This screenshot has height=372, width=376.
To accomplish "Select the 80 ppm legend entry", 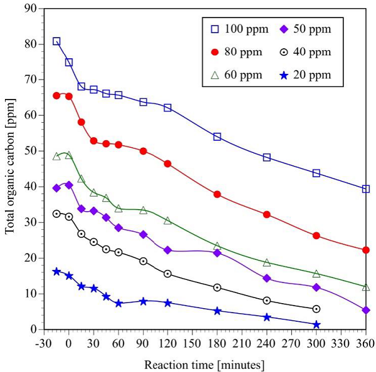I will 231,52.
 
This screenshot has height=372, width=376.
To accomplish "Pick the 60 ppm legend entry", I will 231,76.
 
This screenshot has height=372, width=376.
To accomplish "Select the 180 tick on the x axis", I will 217,343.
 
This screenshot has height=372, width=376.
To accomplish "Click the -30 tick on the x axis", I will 44,343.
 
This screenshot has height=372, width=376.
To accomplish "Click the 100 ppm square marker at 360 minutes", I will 366,189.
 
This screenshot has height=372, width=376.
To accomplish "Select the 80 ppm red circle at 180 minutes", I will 217,194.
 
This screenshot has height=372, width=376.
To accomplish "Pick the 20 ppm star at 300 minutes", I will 316,324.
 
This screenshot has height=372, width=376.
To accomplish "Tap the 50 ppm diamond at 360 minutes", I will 366,310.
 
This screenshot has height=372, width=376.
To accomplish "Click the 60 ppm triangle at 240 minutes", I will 267,262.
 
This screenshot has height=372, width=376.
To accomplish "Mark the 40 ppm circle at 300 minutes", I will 316,309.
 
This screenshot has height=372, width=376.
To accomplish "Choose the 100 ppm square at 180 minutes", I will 217,137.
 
